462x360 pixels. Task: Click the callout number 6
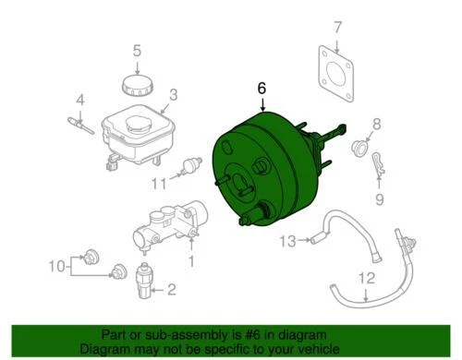point(262,88)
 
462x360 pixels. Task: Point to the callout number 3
point(173,94)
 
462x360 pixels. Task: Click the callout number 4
point(80,100)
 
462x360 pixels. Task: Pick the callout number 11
point(159,181)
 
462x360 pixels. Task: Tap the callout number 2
point(170,291)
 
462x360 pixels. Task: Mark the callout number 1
point(191,262)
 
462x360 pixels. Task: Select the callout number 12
point(366,278)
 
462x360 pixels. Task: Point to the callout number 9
point(377,197)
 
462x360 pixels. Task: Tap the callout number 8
point(376,124)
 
